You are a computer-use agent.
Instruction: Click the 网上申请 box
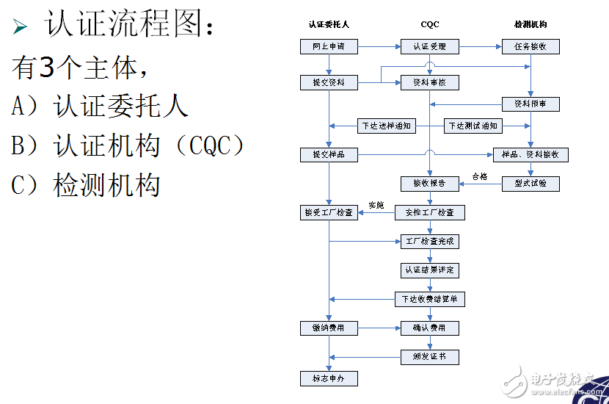tap(329, 47)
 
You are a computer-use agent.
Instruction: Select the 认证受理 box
tap(430, 47)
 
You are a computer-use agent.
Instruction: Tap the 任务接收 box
tap(530, 47)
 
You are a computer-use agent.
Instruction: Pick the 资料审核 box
tap(430, 83)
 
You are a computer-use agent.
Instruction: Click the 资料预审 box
tap(530, 104)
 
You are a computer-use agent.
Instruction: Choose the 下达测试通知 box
tap(473, 126)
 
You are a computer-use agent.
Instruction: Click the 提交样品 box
tap(329, 155)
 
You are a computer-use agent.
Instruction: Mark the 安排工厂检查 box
tap(430, 213)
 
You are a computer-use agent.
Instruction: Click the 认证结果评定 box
tap(430, 270)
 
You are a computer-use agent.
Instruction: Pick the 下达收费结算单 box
tap(430, 299)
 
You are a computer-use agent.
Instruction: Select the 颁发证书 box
tap(430, 357)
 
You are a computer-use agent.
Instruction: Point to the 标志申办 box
tap(329, 379)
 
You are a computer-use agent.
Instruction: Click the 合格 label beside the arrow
tap(479, 176)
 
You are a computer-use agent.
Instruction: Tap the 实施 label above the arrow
tap(376, 205)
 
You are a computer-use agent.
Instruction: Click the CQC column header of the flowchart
tap(430, 24)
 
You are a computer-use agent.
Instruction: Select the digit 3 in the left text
tap(45, 68)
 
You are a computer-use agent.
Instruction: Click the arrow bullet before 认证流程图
tap(21, 28)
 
